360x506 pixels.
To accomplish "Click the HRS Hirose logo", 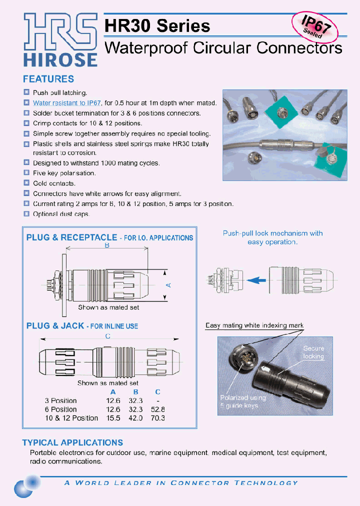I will coord(60,40).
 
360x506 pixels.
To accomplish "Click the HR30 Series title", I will coord(157,25).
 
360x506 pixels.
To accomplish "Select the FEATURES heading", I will coord(48,79).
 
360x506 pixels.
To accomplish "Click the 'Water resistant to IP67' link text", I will coord(67,102).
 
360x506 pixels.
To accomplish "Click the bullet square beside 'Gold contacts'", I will coord(26,183).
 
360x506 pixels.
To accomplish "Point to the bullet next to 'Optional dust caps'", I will coord(26,213).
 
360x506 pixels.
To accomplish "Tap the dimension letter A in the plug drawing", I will coord(168,284).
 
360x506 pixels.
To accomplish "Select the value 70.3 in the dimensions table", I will coord(157,418).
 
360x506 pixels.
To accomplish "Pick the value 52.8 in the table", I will coord(157,409).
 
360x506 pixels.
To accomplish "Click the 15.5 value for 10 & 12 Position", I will coord(113,418).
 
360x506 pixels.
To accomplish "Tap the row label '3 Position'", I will coord(60,400).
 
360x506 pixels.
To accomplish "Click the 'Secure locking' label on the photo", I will coord(313,352).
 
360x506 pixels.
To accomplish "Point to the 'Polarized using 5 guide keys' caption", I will coord(243,401).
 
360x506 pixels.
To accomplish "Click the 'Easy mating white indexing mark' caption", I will coord(254,325).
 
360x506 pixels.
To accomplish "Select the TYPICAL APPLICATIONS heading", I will coord(72,442).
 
